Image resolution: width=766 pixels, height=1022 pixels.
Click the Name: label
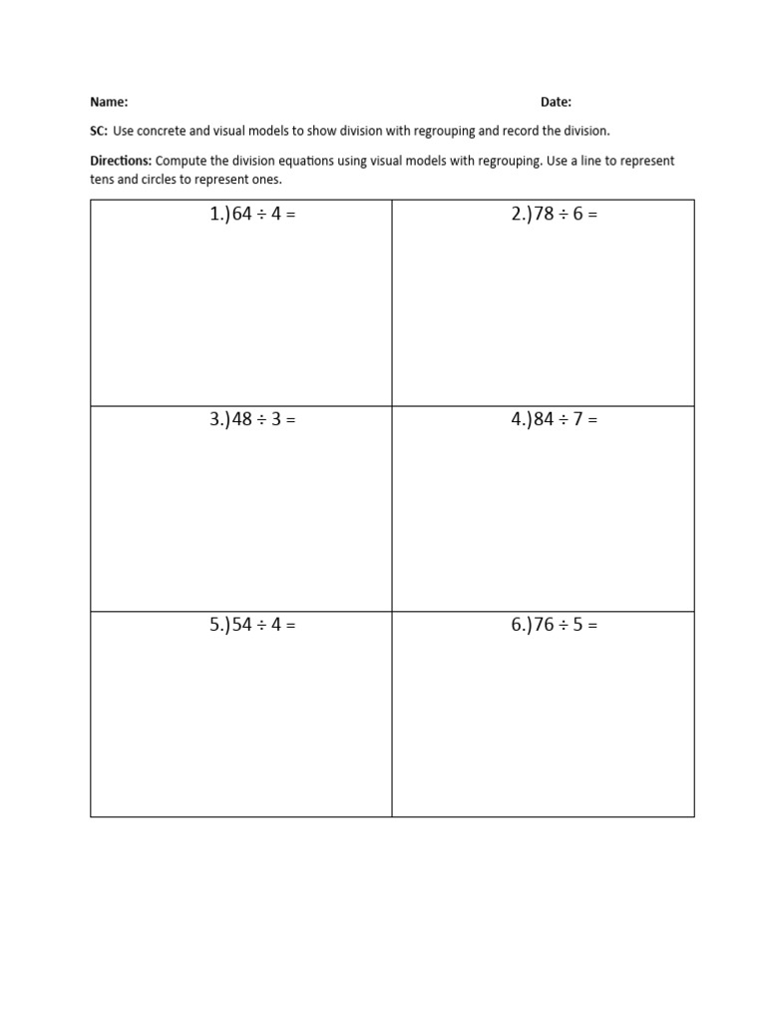(109, 102)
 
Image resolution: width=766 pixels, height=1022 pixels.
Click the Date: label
(556, 102)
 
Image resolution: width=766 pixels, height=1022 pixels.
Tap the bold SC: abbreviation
(99, 131)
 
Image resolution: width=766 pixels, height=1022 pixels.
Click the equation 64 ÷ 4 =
(263, 215)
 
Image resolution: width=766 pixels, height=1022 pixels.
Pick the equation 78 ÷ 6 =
(565, 215)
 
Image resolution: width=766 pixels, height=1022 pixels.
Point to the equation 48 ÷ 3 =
(263, 420)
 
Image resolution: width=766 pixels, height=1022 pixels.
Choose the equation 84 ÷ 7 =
(565, 420)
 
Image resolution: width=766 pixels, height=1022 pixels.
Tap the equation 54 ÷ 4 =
(263, 626)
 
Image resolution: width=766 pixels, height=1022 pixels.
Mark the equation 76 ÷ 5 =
(565, 626)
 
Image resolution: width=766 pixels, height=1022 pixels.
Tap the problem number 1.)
(219, 215)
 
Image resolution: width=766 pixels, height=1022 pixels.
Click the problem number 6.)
(522, 626)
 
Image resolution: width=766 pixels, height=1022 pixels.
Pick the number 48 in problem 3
(241, 420)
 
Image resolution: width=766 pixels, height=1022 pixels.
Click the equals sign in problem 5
(291, 626)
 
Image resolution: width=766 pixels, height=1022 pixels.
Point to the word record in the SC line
(528, 131)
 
